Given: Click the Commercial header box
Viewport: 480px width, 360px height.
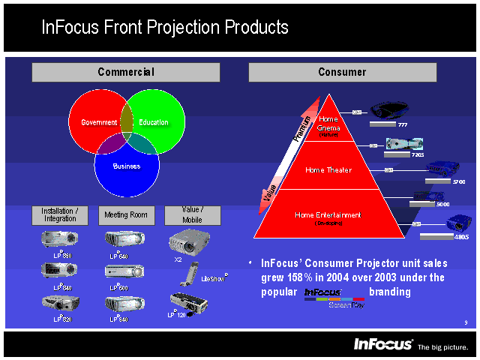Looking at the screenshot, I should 125,72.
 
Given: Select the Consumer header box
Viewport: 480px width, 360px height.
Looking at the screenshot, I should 342,72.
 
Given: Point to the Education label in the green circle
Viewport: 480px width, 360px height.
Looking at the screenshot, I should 154,122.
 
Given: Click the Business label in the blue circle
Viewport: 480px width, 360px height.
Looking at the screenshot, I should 127,166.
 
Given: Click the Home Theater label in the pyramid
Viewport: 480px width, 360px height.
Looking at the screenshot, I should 328,170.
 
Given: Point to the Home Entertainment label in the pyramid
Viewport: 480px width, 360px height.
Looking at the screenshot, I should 328,215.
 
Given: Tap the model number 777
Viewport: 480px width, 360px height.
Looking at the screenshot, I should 403,124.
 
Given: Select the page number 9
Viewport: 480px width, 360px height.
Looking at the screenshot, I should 466,322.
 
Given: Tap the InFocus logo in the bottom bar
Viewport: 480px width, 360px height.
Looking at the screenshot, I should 383,344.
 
